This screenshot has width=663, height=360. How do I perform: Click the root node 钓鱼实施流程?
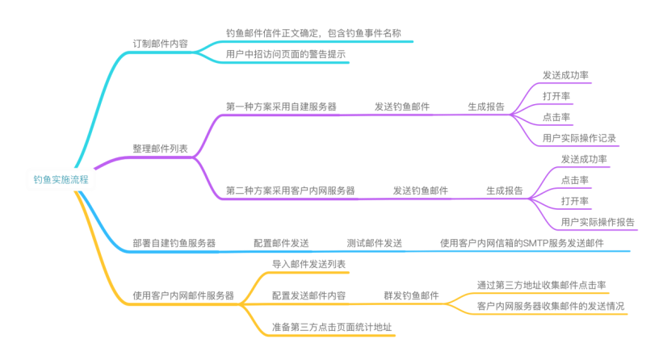click(60, 180)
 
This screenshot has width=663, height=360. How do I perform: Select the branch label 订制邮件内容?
click(160, 44)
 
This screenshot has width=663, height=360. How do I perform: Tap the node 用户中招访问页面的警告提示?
click(287, 53)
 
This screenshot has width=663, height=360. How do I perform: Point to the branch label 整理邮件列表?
click(160, 149)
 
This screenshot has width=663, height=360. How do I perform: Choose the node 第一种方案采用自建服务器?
click(281, 106)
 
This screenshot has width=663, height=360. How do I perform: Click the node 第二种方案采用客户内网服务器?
click(291, 190)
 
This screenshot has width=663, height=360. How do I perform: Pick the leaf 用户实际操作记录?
click(580, 138)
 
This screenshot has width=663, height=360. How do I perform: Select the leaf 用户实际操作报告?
click(598, 222)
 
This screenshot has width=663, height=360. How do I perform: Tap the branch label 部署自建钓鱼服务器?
click(174, 242)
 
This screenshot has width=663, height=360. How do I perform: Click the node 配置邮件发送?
click(281, 242)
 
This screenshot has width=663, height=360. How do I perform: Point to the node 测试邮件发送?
click(375, 242)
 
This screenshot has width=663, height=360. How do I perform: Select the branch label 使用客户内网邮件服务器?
click(183, 295)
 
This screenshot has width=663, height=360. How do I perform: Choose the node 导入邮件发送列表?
click(309, 264)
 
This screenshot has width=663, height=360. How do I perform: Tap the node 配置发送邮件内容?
click(309, 295)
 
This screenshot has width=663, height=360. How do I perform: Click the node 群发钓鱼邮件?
click(412, 295)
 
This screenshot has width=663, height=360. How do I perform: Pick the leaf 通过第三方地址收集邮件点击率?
click(542, 285)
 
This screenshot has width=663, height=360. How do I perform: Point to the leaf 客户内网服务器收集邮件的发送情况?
click(551, 306)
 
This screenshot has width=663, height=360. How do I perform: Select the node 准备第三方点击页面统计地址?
click(332, 328)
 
